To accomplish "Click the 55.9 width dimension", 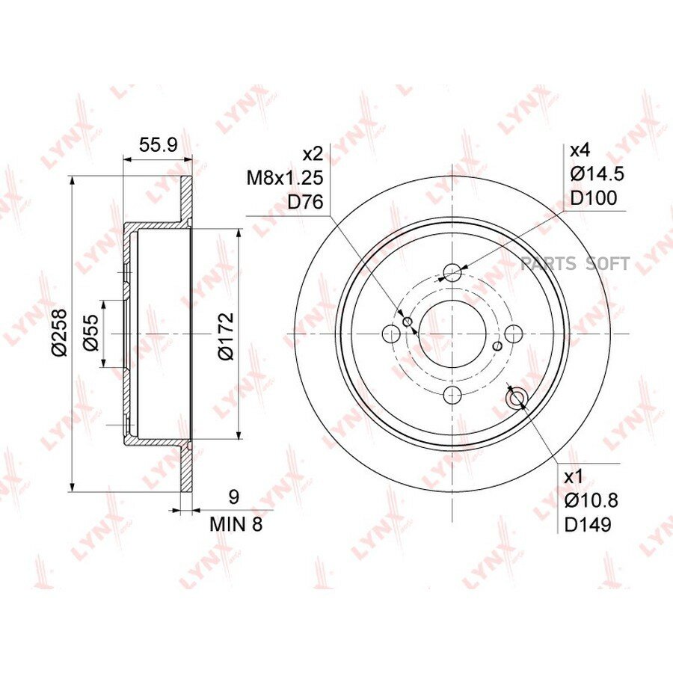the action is (158, 146).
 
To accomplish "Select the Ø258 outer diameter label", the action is (59, 332).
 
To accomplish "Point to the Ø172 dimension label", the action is (226, 336).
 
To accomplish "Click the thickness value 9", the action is (233, 497).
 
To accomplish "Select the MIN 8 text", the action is (236, 524).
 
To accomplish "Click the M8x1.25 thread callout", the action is (285, 178).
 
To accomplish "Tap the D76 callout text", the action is (305, 202).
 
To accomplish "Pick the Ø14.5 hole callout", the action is (597, 174).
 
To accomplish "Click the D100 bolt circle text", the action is (594, 198).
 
